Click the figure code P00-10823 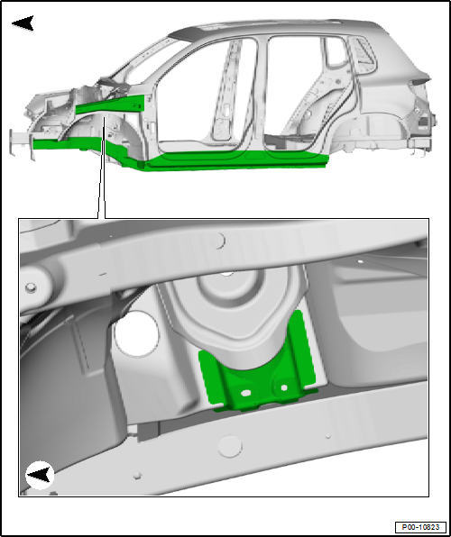[420, 527]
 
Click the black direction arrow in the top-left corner [23, 23]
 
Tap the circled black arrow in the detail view [40, 476]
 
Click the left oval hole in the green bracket [245, 393]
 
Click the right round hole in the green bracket [284, 388]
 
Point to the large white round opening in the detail [136, 334]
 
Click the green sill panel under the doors [236, 160]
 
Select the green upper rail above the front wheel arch [110, 105]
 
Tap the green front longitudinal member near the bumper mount [67, 143]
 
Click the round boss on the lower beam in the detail [230, 446]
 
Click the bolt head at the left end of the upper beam [31, 287]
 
